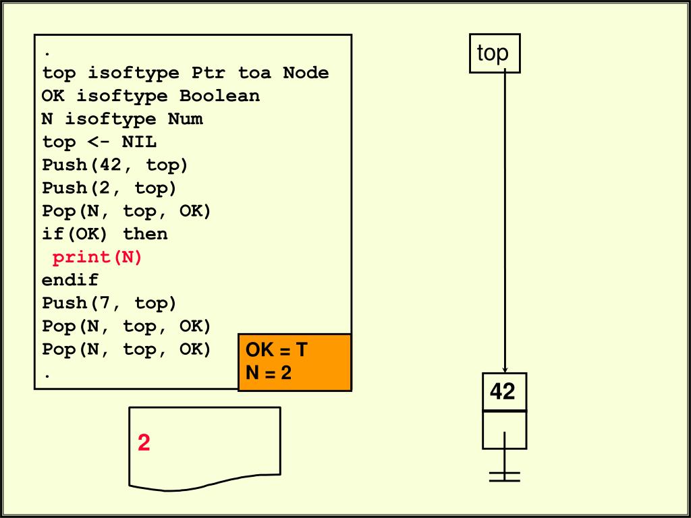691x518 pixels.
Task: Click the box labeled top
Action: pos(494,53)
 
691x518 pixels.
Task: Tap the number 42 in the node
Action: pos(503,391)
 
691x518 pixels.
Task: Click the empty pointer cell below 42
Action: pos(504,430)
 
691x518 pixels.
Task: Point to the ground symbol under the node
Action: pos(505,477)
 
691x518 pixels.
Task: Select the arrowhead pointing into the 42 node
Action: pos(505,368)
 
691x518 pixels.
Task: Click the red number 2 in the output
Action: pos(144,443)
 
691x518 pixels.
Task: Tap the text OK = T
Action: pos(276,350)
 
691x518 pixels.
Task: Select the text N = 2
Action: pos(269,372)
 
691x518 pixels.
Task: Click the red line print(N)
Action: pos(98,257)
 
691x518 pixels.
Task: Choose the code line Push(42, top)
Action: pos(115,165)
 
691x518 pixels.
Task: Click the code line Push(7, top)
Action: pos(109,304)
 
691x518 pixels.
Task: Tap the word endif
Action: pos(70,280)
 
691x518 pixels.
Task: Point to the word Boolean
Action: pos(219,96)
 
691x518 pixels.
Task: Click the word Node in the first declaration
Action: pos(306,73)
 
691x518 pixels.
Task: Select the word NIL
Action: pos(139,142)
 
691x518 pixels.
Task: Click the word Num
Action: pos(185,119)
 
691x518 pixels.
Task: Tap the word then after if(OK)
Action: pos(145,234)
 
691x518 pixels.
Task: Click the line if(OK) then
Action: pos(105,234)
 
